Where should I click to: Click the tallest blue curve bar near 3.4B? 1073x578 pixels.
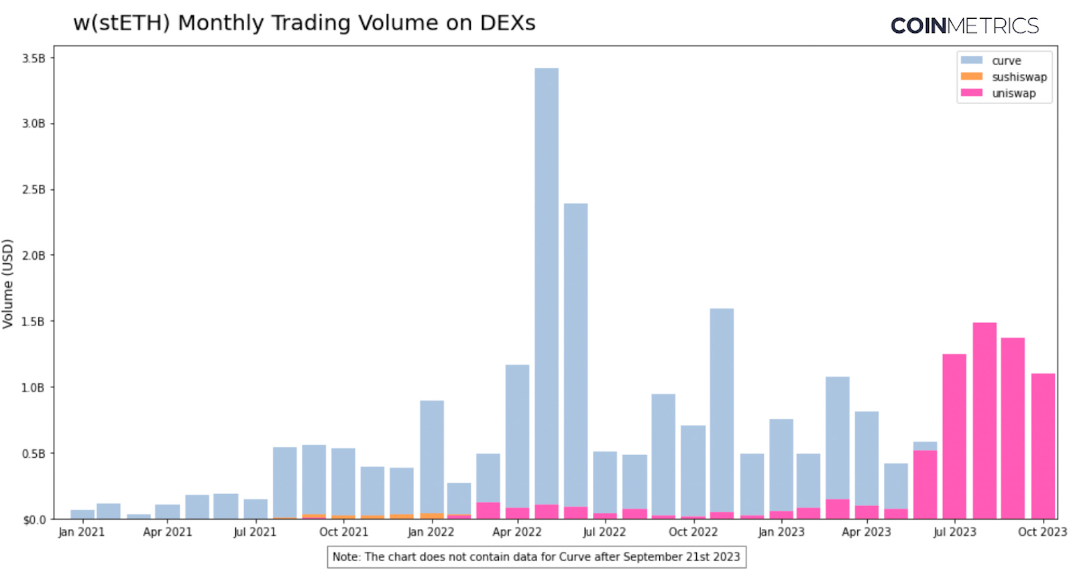pyautogui.click(x=546, y=282)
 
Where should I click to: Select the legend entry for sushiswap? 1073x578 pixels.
pyautogui.click(x=1019, y=77)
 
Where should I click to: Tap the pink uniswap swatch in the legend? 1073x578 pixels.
pyautogui.click(x=971, y=93)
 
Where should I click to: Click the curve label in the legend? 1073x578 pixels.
pyautogui.click(x=1006, y=61)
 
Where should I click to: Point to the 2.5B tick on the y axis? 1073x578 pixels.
pyautogui.click(x=34, y=190)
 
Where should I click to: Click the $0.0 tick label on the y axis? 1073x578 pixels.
pyautogui.click(x=34, y=520)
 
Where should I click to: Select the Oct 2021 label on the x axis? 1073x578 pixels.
pyautogui.click(x=343, y=532)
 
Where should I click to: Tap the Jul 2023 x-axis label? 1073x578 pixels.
pyautogui.click(x=954, y=532)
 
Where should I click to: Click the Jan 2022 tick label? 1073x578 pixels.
pyautogui.click(x=431, y=532)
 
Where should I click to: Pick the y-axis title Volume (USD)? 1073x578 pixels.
pyautogui.click(x=8, y=283)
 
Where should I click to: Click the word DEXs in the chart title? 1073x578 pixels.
pyautogui.click(x=508, y=23)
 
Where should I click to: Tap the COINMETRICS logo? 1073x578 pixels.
pyautogui.click(x=964, y=26)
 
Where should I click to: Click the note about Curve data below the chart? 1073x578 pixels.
pyautogui.click(x=536, y=557)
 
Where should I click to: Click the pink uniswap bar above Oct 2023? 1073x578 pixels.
pyautogui.click(x=1042, y=446)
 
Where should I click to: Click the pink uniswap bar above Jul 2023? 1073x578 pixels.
pyautogui.click(x=954, y=436)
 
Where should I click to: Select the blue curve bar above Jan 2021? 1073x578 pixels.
pyautogui.click(x=82, y=515)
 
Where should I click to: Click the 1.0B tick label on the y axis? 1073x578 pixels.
pyautogui.click(x=34, y=388)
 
